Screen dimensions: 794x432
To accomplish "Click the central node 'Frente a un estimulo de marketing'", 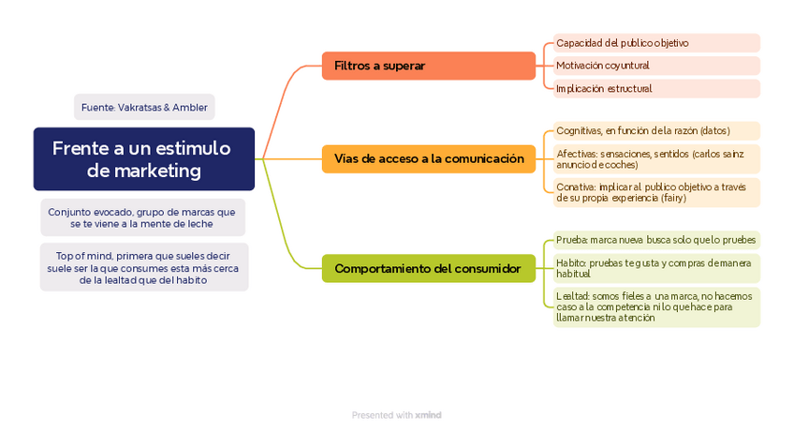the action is [x=144, y=159].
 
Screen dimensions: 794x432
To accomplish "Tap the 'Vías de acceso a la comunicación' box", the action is [x=429, y=159].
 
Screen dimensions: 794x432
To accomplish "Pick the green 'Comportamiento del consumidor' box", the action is [x=429, y=269].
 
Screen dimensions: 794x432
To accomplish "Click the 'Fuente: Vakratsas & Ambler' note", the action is [x=144, y=108].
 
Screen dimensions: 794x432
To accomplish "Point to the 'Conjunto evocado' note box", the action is [x=142, y=217].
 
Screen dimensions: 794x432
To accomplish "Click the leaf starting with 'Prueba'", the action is [x=655, y=240].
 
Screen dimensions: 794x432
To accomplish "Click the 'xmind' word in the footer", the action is [x=429, y=414].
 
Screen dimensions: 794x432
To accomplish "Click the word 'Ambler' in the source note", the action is [x=189, y=108].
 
